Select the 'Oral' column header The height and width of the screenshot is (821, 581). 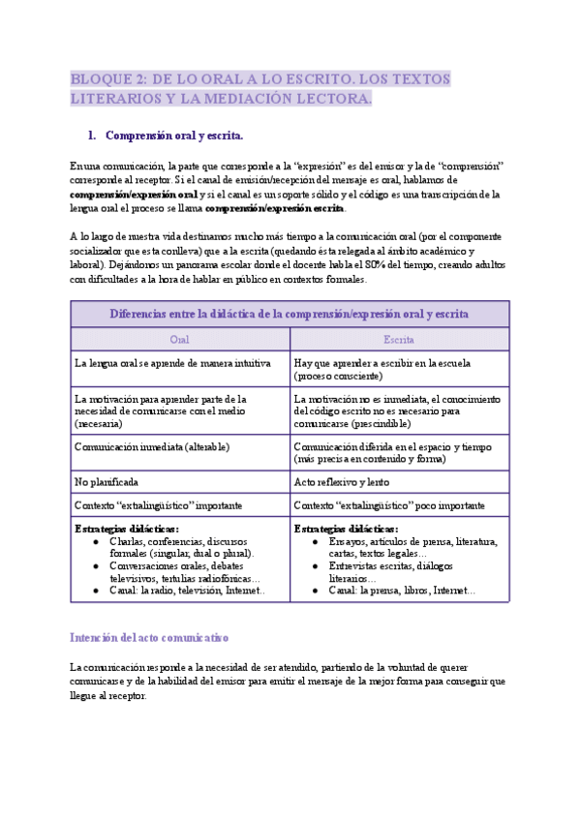(179, 340)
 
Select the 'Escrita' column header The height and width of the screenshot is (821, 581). (399, 340)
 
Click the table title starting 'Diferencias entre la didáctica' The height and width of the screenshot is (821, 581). (290, 314)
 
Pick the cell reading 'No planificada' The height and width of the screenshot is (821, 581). (107, 481)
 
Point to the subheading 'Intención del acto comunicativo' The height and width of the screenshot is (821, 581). (148, 638)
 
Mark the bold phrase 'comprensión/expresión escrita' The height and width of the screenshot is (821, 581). (275, 208)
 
